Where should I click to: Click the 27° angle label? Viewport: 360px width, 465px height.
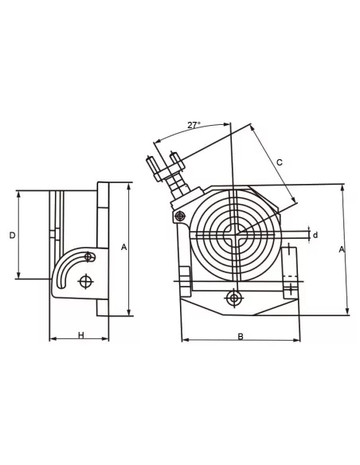click(194, 125)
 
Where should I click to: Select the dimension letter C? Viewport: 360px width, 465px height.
click(279, 162)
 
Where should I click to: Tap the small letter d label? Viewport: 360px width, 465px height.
click(315, 235)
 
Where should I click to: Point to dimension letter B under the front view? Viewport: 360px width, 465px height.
click(241, 336)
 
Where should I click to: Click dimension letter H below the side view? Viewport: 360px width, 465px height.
click(80, 335)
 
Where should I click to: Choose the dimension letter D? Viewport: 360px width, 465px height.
click(11, 235)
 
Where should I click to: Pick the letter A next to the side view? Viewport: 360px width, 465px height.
click(123, 247)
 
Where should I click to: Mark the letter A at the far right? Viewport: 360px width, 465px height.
click(342, 249)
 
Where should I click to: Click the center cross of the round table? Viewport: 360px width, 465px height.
click(233, 233)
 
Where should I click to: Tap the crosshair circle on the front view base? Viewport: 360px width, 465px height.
click(233, 299)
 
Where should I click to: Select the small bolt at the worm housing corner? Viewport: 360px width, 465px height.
click(181, 215)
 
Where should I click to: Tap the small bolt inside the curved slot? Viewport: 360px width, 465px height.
click(90, 256)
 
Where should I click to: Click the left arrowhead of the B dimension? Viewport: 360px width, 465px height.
click(184, 340)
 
